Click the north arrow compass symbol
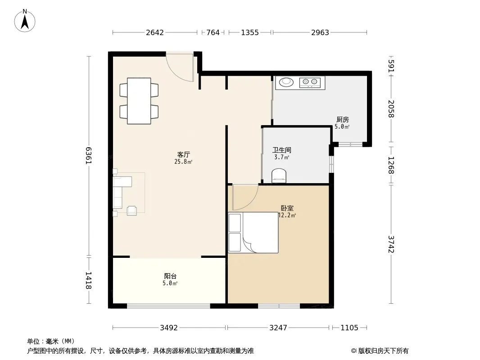pyautogui.click(x=25, y=21)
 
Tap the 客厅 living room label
pyautogui.click(x=183, y=154)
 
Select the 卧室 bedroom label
pyautogui.click(x=287, y=208)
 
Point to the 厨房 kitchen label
pyautogui.click(x=342, y=120)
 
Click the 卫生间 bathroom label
pyautogui.click(x=281, y=150)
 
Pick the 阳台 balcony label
pyautogui.click(x=170, y=276)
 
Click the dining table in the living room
pyautogui.click(x=139, y=101)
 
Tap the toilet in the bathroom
pyautogui.click(x=279, y=175)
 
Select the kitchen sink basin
pyautogui.click(x=286, y=81)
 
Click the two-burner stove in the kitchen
pyautogui.click(x=309, y=81)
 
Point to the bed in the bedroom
pyautogui.click(x=253, y=233)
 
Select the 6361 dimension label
pyautogui.click(x=88, y=156)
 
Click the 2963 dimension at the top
pyautogui.click(x=320, y=32)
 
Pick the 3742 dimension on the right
pyautogui.click(x=391, y=244)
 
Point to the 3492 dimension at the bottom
pyautogui.click(x=169, y=328)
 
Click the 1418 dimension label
pyautogui.click(x=88, y=280)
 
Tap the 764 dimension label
pyautogui.click(x=213, y=32)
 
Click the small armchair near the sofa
pyautogui.click(x=132, y=211)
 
